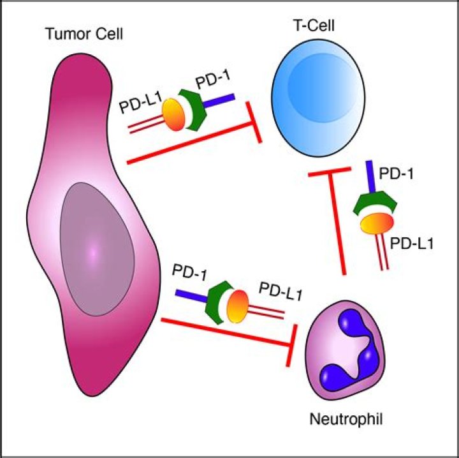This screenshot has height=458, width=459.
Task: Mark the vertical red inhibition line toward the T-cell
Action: click(337, 223)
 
